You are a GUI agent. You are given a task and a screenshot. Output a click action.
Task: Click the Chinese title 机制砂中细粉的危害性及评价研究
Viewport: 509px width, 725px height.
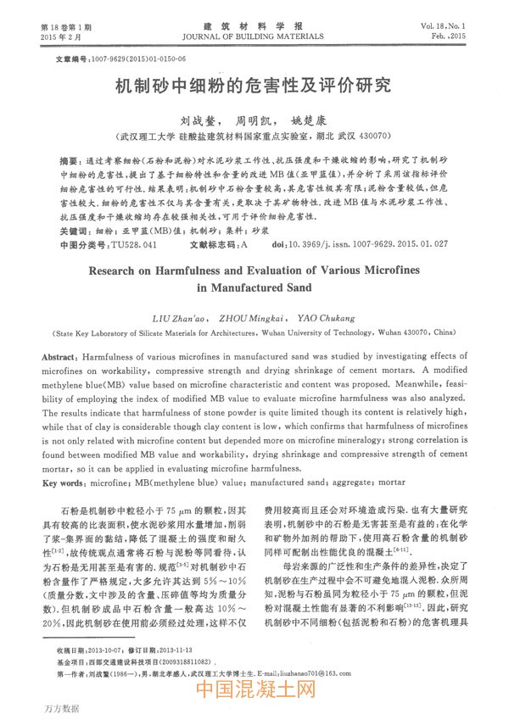click(x=254, y=86)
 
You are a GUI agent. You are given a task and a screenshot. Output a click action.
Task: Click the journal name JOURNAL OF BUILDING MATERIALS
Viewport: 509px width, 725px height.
click(x=254, y=38)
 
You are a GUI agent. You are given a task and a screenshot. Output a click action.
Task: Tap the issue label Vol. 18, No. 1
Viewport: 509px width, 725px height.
click(x=445, y=28)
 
